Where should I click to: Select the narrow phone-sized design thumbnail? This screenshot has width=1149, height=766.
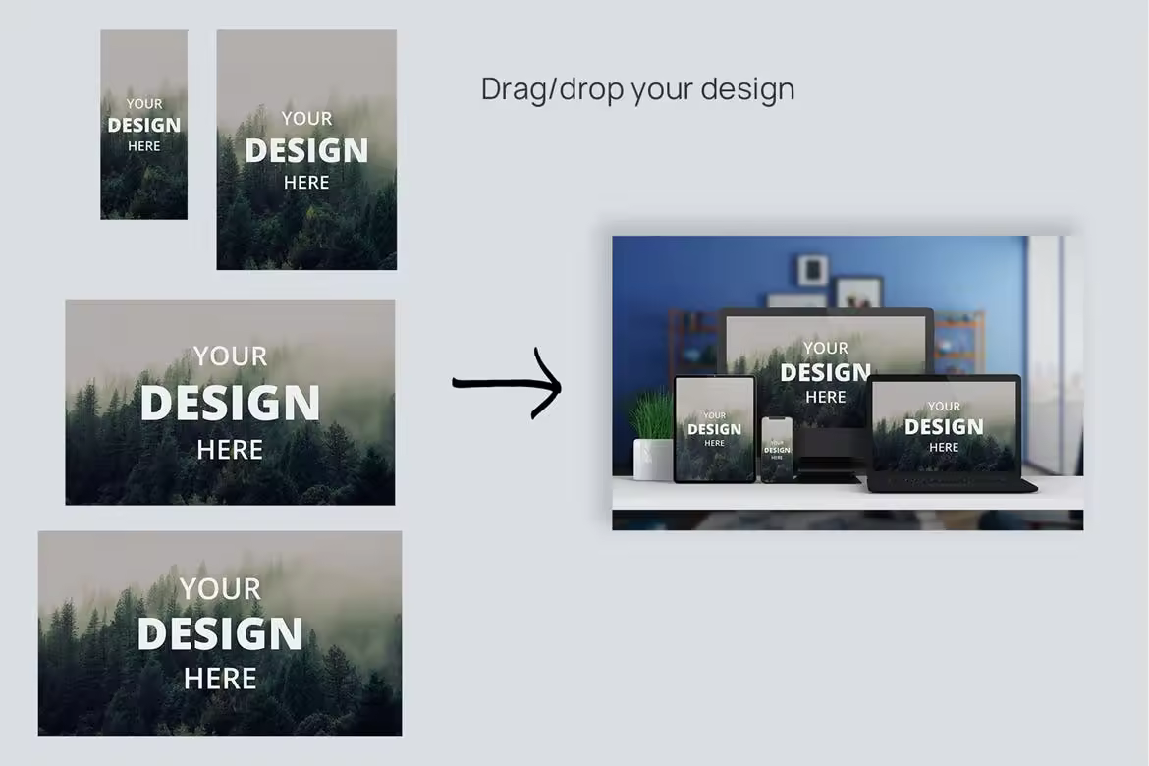coord(143,125)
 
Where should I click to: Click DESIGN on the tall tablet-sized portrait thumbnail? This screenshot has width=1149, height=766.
coord(306,151)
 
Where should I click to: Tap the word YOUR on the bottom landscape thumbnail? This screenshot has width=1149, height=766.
coord(221,588)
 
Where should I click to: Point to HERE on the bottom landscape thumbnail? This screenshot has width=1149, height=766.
coord(221,679)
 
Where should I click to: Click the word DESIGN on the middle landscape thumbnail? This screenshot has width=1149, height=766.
coord(230,403)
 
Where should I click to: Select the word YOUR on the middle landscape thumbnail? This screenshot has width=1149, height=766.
coord(230,356)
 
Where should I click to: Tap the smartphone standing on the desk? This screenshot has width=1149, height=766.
coord(777,450)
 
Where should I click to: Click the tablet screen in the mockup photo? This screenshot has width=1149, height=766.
coord(715,429)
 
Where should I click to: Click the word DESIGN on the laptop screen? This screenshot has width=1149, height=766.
coord(944,426)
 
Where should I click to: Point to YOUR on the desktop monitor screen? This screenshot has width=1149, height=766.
coord(826,349)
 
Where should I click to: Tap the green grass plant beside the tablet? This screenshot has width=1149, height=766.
coord(652,415)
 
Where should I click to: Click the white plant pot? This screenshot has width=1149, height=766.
coord(652,460)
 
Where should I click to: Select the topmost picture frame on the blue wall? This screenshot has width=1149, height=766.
coord(813,270)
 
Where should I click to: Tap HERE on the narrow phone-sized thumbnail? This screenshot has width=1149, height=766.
coord(143,146)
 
